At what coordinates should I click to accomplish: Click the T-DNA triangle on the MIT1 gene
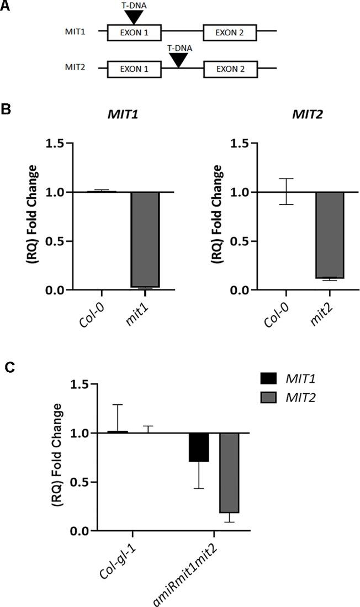pyautogui.click(x=134, y=17)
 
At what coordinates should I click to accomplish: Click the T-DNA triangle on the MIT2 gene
pyautogui.click(x=178, y=59)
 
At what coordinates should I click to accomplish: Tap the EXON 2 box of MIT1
pyautogui.click(x=230, y=33)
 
